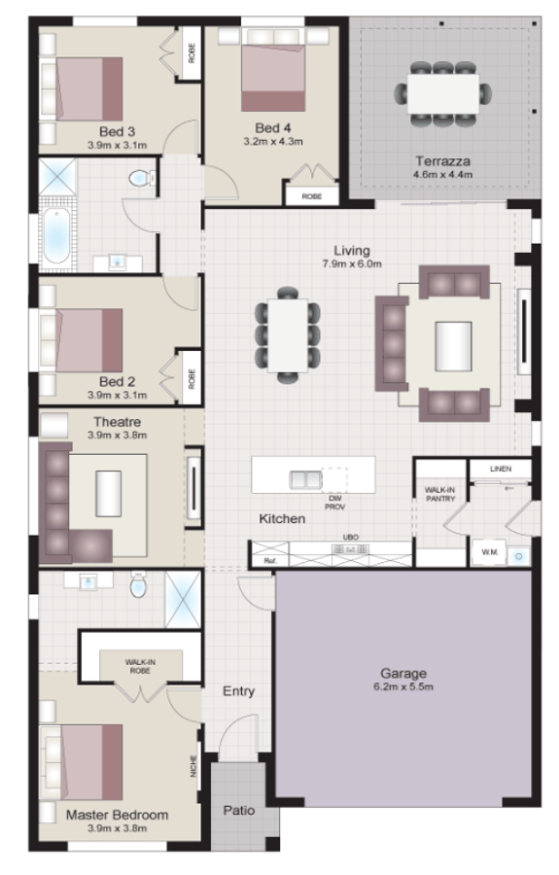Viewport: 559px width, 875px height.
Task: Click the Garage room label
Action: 403,673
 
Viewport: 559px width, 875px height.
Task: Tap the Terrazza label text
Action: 442,160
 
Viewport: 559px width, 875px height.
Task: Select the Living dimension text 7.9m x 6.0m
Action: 353,263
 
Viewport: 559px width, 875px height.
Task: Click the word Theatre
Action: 118,422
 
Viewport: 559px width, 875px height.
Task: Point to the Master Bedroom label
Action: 117,815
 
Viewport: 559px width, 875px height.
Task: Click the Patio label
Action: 239,809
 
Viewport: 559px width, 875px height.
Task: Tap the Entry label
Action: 239,691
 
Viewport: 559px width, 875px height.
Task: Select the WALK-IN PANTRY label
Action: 434,494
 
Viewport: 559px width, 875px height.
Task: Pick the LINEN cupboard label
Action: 500,469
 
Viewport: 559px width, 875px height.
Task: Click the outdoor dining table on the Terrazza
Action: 442,94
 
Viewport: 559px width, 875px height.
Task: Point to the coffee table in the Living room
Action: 452,343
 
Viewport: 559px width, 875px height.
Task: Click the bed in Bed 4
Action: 273,75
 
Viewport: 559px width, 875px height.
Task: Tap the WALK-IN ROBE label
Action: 141,666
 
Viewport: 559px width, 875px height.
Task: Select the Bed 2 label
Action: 118,381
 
